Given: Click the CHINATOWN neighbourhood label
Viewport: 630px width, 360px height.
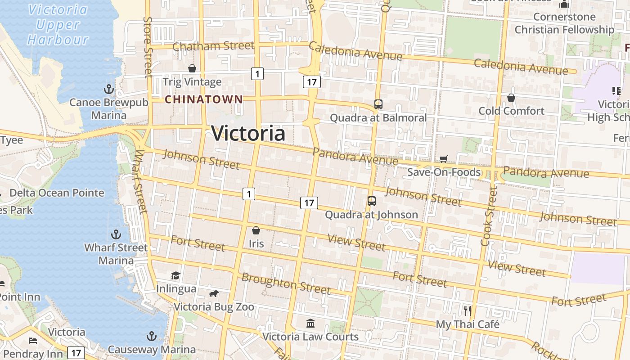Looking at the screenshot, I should (204, 99).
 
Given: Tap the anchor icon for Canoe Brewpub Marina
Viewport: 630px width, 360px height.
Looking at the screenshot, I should (108, 89).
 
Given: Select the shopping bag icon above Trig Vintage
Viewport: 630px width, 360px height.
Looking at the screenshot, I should (192, 68).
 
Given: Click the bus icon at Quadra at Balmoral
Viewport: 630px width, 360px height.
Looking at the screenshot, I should (378, 104).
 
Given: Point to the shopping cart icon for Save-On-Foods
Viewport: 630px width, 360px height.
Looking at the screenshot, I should (444, 159).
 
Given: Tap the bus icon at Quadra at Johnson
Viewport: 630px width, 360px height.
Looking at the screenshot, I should (372, 201).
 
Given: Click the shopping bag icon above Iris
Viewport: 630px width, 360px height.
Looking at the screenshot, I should (256, 231).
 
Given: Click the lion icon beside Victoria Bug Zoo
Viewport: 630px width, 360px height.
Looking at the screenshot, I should (214, 294).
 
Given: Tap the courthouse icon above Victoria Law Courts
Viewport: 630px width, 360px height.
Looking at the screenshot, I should (310, 323).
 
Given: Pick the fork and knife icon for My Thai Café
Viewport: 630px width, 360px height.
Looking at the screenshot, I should (468, 310).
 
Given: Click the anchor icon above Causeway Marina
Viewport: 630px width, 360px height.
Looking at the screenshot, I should (152, 337).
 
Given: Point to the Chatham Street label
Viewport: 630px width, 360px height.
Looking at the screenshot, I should (213, 46).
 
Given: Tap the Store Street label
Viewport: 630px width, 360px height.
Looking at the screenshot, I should (148, 47).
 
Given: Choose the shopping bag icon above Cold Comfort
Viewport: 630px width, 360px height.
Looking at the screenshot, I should (511, 98).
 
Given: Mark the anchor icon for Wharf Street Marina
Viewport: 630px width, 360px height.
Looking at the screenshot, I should (116, 234).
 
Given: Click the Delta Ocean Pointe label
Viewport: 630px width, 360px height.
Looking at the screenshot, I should (57, 193).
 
